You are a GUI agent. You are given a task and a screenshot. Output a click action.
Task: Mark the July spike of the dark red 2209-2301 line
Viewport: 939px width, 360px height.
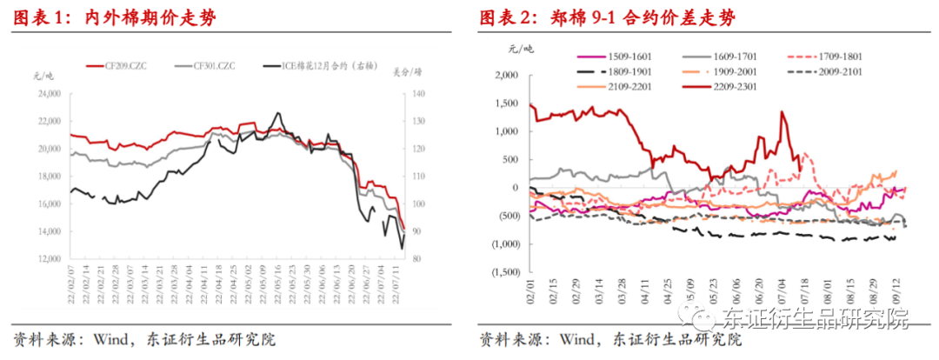coord(783,111)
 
